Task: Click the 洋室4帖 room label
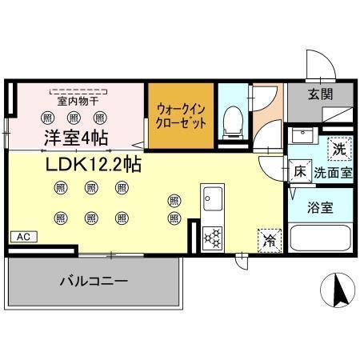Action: click(77, 138)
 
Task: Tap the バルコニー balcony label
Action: click(94, 282)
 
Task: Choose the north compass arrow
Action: click(338, 290)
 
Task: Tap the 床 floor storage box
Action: click(299, 170)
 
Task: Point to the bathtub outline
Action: click(320, 238)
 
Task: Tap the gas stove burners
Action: click(213, 237)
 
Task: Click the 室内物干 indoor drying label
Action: click(77, 102)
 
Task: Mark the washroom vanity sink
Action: click(302, 136)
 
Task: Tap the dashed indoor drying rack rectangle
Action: click(78, 90)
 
